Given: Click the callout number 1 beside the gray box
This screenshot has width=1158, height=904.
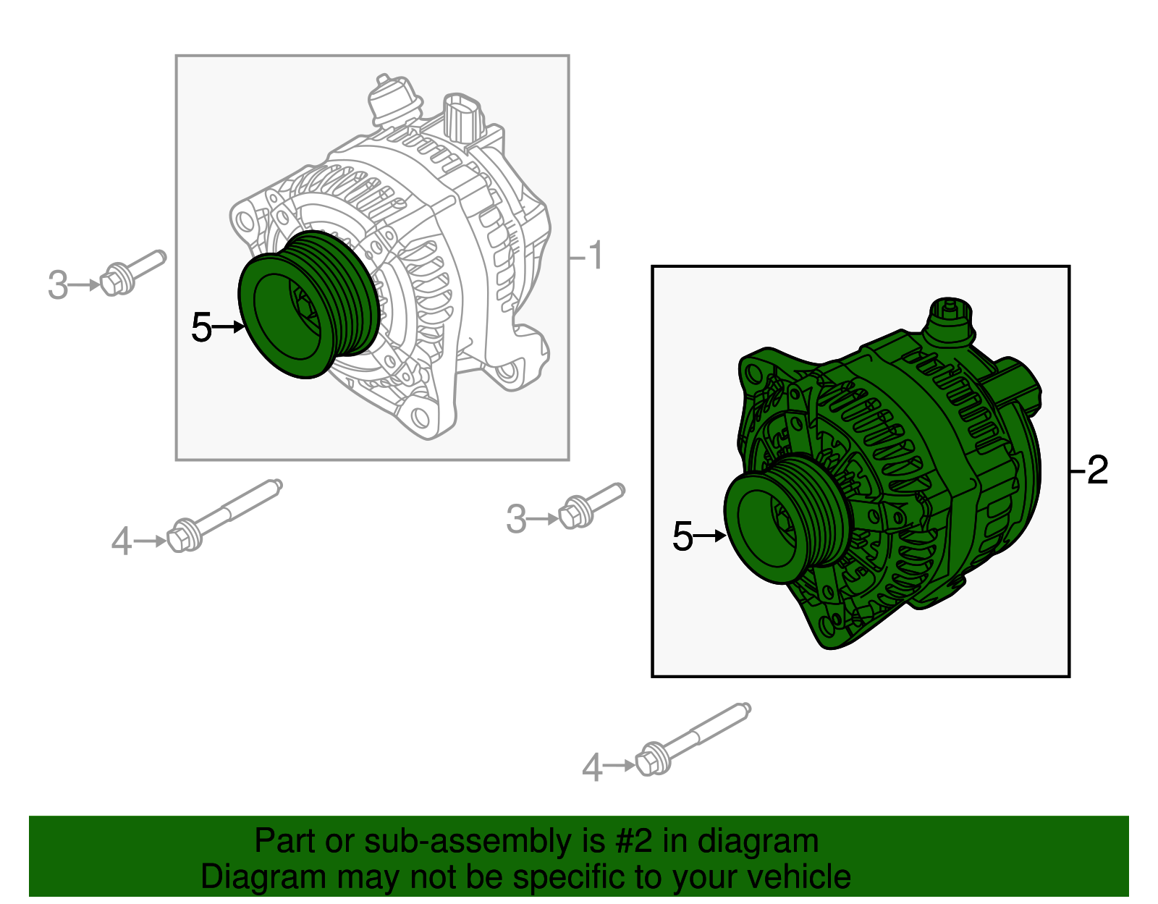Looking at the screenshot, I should click(x=594, y=256).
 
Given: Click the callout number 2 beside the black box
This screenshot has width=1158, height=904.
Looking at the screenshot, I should click(x=1097, y=470).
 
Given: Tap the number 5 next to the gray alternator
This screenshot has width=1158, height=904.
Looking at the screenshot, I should click(x=201, y=328).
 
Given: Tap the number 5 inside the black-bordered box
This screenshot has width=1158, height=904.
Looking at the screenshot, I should click(x=682, y=536).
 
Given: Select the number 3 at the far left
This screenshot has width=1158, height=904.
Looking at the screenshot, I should click(x=58, y=285).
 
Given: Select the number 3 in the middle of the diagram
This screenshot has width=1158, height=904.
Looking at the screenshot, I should click(x=516, y=520).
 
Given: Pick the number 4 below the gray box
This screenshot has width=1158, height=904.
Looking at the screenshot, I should click(x=122, y=541).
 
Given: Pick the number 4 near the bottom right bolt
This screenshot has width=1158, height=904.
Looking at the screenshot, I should click(x=592, y=767).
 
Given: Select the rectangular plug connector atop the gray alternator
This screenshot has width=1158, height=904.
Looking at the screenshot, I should click(x=461, y=116).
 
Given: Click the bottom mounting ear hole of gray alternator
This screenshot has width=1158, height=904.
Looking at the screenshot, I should click(x=420, y=417).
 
